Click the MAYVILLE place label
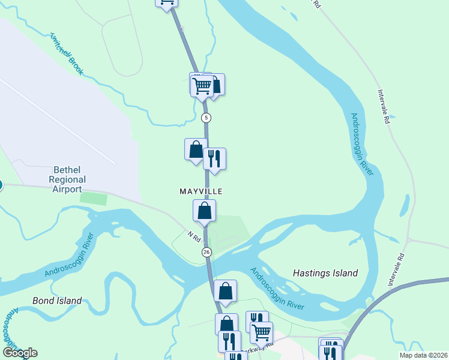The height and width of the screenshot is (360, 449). (201, 191)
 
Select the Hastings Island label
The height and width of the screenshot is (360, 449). (325, 273)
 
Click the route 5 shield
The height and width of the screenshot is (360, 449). (206, 117)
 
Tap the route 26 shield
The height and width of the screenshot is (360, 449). (206, 252)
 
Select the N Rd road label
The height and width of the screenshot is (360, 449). (193, 237)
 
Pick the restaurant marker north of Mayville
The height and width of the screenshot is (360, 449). (214, 159)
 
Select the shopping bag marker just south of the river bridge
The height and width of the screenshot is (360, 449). (225, 292)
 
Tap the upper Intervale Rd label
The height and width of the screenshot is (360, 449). (384, 107)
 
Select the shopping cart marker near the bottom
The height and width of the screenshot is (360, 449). (261, 332)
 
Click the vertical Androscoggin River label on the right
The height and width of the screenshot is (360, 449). (362, 144)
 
